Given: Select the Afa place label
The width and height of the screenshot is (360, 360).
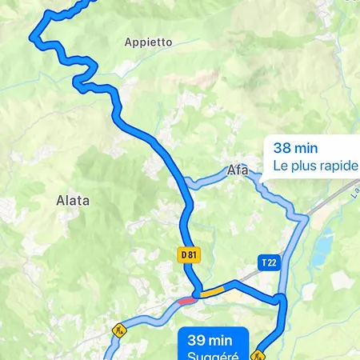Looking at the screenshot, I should coord(238,170).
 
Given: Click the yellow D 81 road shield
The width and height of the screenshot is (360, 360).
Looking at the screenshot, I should coord(188,254).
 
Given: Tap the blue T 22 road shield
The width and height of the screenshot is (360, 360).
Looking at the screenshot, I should coord(269,262).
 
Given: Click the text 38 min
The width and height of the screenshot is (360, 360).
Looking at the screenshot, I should coord(295,148).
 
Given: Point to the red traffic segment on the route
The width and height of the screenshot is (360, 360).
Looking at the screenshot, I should coord(186,300).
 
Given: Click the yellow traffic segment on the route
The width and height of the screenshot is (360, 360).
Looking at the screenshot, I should coord(211,293).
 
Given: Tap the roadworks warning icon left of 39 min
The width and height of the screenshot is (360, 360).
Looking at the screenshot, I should coord(119,330).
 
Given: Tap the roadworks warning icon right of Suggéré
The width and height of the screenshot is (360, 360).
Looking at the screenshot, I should coord(258,353).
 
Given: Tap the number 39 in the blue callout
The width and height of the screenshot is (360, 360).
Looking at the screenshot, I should coord(197,339).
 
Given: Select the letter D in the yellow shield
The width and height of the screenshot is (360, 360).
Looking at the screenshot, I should coord(183,254).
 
